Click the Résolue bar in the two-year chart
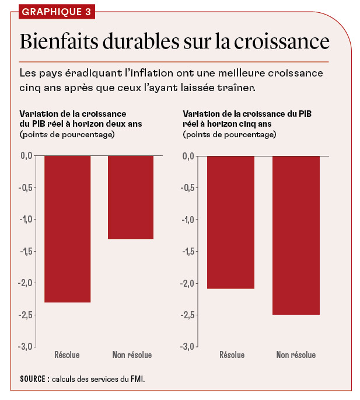click(x=68, y=228)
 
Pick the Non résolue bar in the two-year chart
click(x=131, y=197)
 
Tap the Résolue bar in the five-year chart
click(x=232, y=222)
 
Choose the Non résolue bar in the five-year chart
click(x=296, y=235)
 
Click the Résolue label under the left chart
click(x=67, y=355)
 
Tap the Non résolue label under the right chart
click(x=296, y=355)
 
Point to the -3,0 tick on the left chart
click(x=26, y=346)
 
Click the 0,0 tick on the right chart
click(x=188, y=156)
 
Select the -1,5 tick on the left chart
click(x=26, y=251)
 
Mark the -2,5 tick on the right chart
click(x=187, y=315)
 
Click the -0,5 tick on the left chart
click(x=26, y=187)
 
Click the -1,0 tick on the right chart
click(x=187, y=220)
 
